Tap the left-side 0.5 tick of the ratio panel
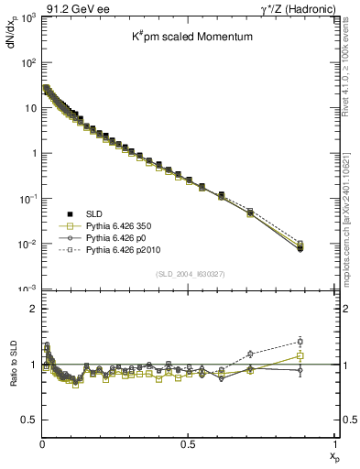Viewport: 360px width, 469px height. [x=32, y=420]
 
